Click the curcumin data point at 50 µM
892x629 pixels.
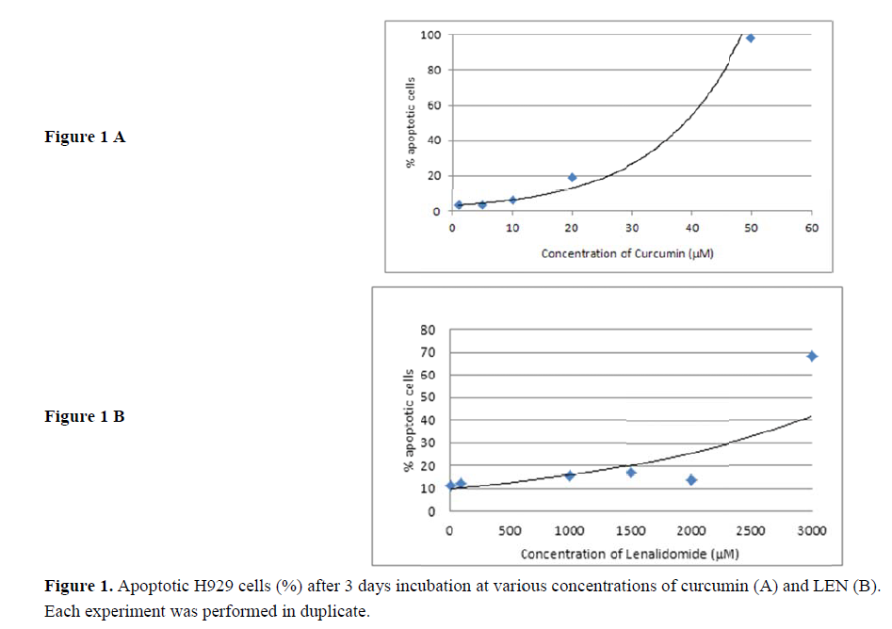click(751, 38)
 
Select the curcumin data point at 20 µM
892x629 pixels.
click(572, 177)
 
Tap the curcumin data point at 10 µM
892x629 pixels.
click(512, 200)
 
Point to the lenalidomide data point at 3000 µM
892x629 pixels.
click(812, 356)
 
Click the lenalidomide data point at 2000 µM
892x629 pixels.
click(691, 480)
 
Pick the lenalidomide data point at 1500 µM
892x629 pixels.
click(631, 472)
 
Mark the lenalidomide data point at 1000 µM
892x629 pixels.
click(570, 476)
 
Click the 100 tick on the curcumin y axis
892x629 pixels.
click(430, 35)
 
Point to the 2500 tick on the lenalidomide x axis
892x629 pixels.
click(751, 531)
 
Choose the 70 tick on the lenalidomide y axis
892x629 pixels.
click(428, 352)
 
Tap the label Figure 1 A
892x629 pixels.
click(85, 137)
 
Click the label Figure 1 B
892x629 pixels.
click(85, 416)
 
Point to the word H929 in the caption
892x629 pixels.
click(228, 587)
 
